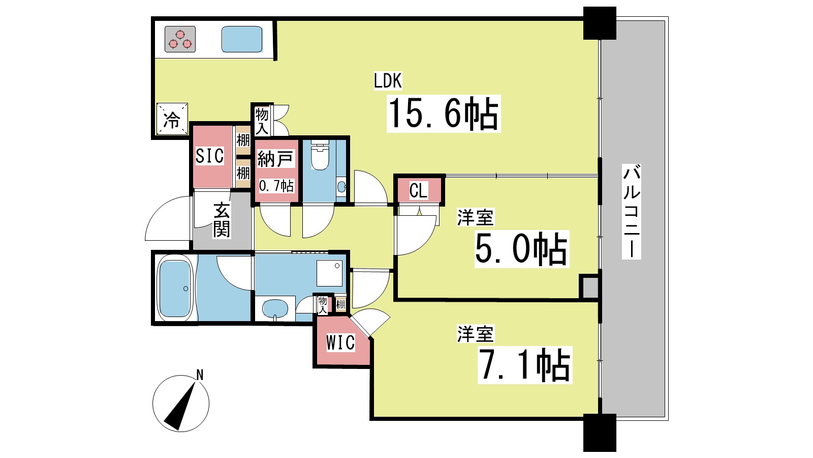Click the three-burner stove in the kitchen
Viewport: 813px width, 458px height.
(180, 40)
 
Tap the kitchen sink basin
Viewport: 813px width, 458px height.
(242, 39)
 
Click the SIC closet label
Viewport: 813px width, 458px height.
(209, 156)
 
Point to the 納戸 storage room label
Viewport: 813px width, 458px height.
(275, 159)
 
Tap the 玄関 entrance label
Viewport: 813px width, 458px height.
(222, 219)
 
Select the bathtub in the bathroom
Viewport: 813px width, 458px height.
(174, 288)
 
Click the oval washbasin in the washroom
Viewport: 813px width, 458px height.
(275, 308)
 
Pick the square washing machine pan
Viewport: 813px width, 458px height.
(330, 273)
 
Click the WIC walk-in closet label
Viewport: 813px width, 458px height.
(340, 342)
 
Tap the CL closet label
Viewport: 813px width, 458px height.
(418, 191)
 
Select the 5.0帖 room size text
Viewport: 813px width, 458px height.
(521, 249)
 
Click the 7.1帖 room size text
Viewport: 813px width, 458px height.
(524, 365)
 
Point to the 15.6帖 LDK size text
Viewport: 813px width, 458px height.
(443, 113)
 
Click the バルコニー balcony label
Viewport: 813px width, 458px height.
(632, 211)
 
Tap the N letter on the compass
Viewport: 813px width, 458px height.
(200, 375)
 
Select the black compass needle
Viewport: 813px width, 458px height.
(180, 407)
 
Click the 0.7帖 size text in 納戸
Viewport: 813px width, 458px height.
(276, 186)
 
